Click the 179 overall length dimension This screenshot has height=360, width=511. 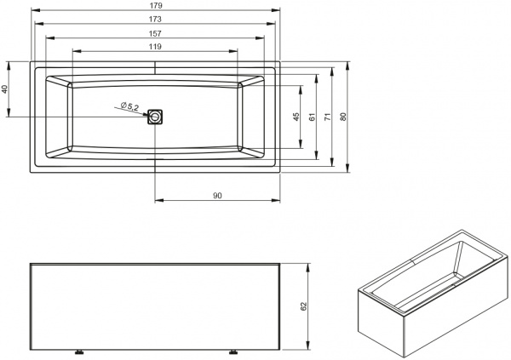pyautogui.click(x=156, y=6)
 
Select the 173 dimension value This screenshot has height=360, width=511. pyautogui.click(x=155, y=20)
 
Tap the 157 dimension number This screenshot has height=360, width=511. pyautogui.click(x=155, y=33)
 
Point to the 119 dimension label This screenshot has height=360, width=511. pyautogui.click(x=155, y=47)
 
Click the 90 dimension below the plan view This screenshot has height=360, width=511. pyautogui.click(x=217, y=196)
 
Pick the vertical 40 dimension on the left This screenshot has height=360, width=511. pyautogui.click(x=4, y=89)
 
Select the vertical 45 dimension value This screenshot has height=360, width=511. pyautogui.click(x=296, y=117)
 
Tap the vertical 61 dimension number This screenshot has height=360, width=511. pyautogui.click(x=313, y=117)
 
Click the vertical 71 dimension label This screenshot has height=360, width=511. pyautogui.click(x=328, y=117)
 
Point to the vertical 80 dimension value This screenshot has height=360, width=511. pyautogui.click(x=343, y=117)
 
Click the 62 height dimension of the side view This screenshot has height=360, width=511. pyautogui.click(x=304, y=306)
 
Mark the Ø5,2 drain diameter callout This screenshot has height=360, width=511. pyautogui.click(x=129, y=106)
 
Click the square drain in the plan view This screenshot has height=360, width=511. pyautogui.click(x=155, y=117)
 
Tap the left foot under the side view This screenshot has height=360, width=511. pyautogui.click(x=79, y=352)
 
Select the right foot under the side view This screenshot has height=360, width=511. pyautogui.click(x=233, y=352)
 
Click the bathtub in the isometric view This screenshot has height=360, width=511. pyautogui.click(x=433, y=293)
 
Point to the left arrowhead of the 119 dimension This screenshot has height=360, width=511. pyautogui.click(x=77, y=51)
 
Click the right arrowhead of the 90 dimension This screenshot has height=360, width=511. pyautogui.click(x=276, y=200)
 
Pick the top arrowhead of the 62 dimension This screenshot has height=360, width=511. pyautogui.click(x=307, y=268)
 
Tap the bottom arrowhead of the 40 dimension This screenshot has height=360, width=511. pyautogui.click(x=9, y=112)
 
